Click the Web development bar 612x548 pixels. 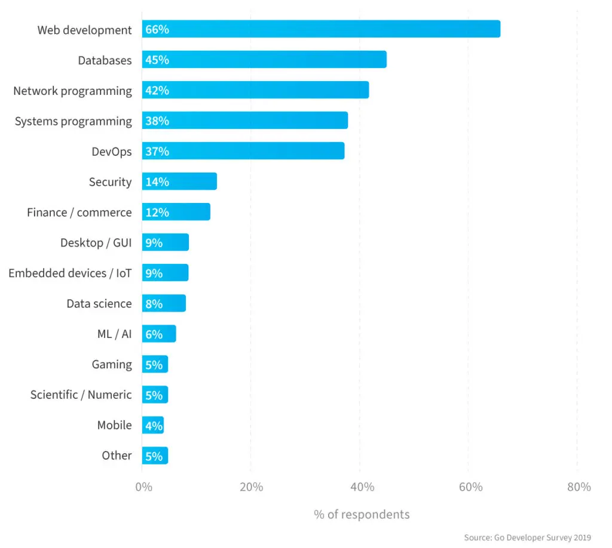pos(321,29)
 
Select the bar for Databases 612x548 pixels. pos(264,60)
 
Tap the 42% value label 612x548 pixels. pos(157,91)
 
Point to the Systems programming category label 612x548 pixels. pos(73,121)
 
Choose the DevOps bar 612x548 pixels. pos(243,151)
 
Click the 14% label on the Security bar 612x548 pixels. pos(157,182)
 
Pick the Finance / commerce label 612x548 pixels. pos(79,213)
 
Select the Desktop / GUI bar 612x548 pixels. pos(166,242)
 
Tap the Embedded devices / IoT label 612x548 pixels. pos(70,273)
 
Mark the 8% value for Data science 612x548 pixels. pos(154,304)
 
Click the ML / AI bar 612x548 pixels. pos(159,334)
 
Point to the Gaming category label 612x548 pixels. pos(112,364)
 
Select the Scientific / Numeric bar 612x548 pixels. pos(155,395)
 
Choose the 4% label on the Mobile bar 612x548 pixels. pos(154,426)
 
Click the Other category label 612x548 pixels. pos(117,455)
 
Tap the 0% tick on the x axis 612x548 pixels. pos(143,487)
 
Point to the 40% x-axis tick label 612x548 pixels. pos(362,487)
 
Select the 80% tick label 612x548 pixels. pos(579,487)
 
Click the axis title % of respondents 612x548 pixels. pos(362,515)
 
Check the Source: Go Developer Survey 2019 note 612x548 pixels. pos(527,538)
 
